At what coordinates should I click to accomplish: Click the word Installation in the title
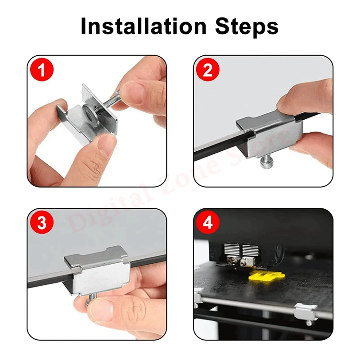click(144, 26)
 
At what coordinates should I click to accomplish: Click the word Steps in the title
click(247, 27)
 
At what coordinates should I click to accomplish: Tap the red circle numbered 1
click(42, 70)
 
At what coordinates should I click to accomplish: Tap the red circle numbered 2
click(208, 70)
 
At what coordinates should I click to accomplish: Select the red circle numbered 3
click(42, 222)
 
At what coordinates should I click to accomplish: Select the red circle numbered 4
click(208, 222)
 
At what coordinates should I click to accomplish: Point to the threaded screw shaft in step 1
click(108, 100)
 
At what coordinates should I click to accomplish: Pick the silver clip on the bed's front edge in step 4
click(306, 312)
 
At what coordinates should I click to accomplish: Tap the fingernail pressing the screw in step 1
click(130, 91)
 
